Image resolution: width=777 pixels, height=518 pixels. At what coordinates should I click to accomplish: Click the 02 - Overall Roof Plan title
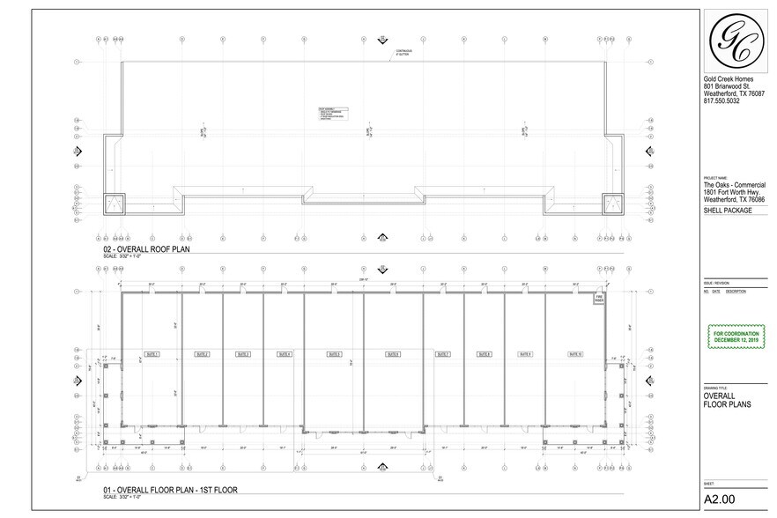(x=147, y=249)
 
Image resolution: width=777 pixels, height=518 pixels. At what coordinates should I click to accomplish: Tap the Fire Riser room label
(x=596, y=300)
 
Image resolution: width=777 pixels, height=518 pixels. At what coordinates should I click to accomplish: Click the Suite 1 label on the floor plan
(x=151, y=354)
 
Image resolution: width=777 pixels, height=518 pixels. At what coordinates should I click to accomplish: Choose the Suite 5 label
(x=333, y=354)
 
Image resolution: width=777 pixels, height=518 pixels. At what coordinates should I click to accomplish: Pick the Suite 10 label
(x=575, y=354)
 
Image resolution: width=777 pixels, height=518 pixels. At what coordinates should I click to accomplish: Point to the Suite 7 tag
(x=442, y=354)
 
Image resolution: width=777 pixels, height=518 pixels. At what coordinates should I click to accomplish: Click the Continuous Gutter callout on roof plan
(x=403, y=52)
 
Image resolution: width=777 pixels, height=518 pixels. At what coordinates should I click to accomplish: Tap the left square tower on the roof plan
(x=115, y=204)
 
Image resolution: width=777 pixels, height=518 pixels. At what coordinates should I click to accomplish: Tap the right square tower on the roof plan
(x=612, y=204)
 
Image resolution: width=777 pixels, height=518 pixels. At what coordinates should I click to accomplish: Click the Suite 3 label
(x=243, y=354)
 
